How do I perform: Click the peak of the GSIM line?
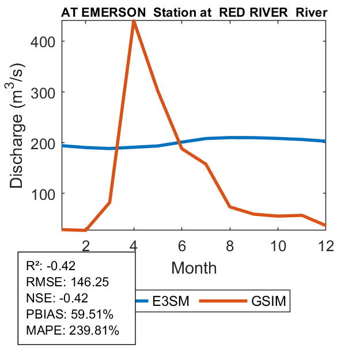tap(134, 21)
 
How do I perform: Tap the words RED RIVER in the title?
tap(251, 12)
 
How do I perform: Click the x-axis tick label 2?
tap(86, 245)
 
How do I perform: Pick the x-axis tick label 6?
tap(181, 245)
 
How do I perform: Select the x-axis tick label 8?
tap(229, 245)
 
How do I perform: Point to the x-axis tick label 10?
tap(278, 245)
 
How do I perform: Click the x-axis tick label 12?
tap(325, 245)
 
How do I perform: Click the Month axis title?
tap(194, 268)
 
